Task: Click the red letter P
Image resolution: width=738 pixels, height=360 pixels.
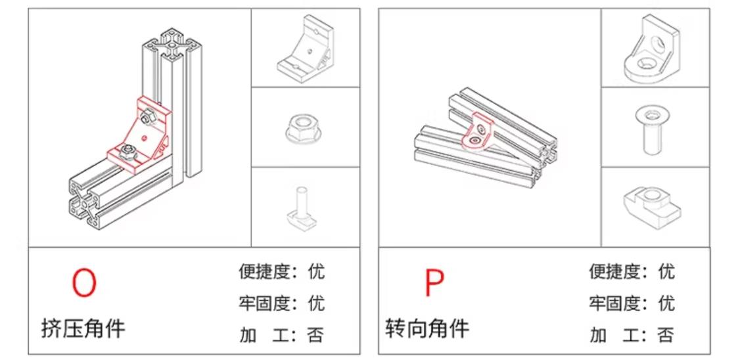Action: [x=434, y=282]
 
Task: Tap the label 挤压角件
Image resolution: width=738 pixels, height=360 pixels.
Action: [x=83, y=328]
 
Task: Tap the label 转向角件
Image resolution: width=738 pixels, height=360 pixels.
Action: [x=427, y=328]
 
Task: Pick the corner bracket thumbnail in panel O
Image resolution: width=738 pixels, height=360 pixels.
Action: [x=304, y=48]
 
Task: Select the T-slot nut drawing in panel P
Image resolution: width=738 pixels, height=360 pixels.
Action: [x=653, y=206]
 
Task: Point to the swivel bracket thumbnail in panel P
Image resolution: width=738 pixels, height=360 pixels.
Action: [x=653, y=49]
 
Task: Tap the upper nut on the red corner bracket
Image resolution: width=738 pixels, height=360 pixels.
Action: [x=147, y=116]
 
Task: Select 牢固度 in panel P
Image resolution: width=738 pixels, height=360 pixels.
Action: [x=611, y=304]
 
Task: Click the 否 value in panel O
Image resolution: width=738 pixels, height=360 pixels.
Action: [x=316, y=336]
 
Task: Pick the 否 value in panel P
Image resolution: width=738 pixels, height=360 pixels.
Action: [x=666, y=336]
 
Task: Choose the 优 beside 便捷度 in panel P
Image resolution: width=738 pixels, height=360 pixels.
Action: [x=666, y=271]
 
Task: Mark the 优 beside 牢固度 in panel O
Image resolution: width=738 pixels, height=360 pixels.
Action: [x=316, y=304]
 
